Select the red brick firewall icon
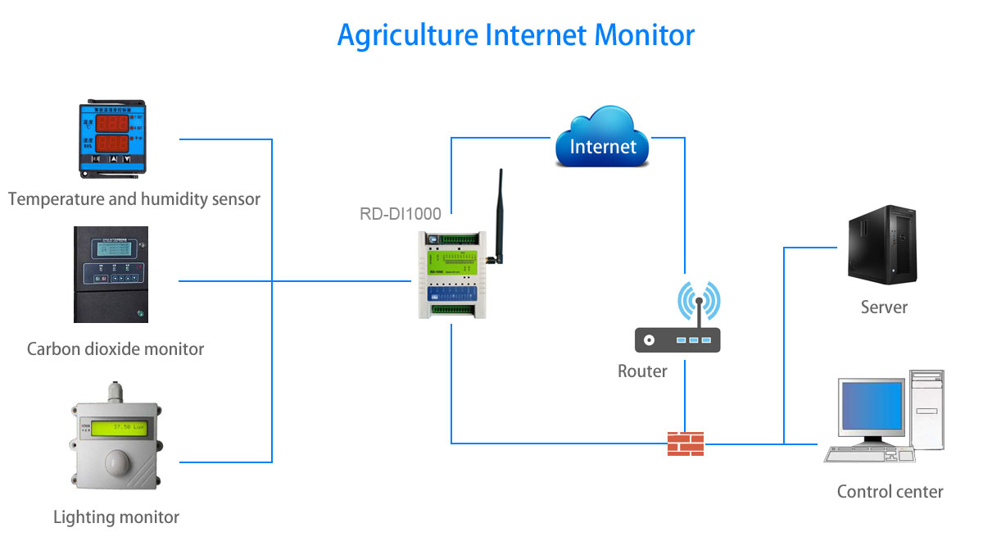[686, 444]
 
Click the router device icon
[677, 339]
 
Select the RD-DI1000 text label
[401, 215]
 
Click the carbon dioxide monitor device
[111, 275]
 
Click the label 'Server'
[884, 308]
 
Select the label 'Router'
[642, 371]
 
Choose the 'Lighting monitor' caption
[116, 517]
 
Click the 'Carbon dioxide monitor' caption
[116, 349]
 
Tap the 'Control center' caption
[890, 492]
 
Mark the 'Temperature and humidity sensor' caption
[134, 199]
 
